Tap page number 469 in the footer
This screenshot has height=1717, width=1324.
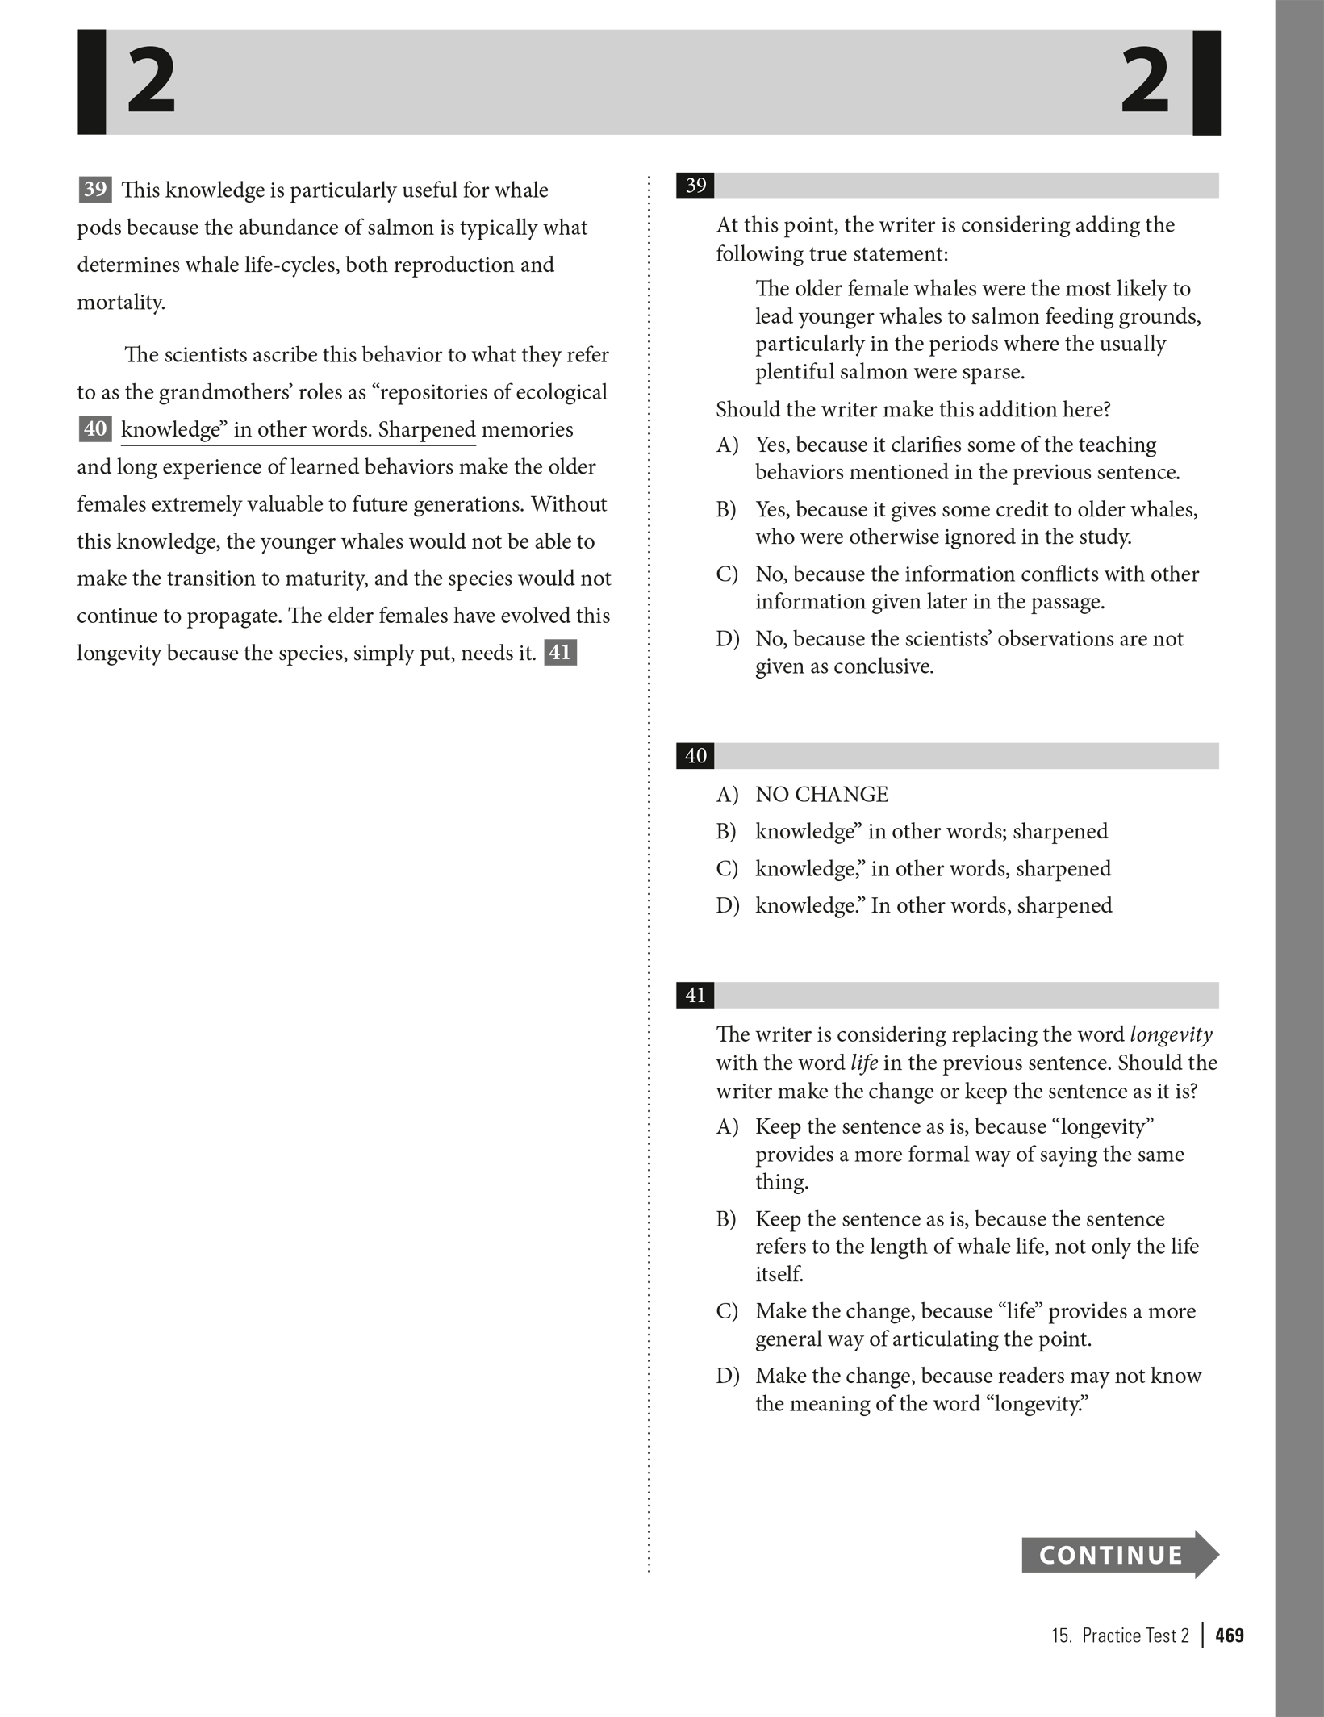tap(1229, 1635)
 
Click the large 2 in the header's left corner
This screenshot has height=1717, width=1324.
tap(152, 81)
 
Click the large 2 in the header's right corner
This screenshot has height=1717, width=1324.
tap(1145, 81)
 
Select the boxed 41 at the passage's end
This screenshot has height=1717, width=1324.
tap(560, 652)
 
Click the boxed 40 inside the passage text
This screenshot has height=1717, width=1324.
tap(94, 428)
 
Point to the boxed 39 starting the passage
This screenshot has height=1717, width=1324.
tap(94, 190)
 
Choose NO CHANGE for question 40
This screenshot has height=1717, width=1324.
tap(821, 795)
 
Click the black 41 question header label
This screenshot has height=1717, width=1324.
tap(695, 995)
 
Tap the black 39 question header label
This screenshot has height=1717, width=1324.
tap(695, 186)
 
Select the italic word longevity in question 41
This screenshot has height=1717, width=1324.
tap(1171, 1034)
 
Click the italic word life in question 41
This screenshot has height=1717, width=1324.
tap(863, 1063)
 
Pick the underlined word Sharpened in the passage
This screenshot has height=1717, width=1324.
tap(427, 429)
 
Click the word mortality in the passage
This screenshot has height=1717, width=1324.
tap(120, 303)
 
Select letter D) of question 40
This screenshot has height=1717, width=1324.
tap(727, 905)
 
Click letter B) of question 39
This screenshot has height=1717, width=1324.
tap(726, 510)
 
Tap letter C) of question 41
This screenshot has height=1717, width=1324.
tap(727, 1311)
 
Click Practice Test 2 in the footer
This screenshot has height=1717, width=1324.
tap(1134, 1635)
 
